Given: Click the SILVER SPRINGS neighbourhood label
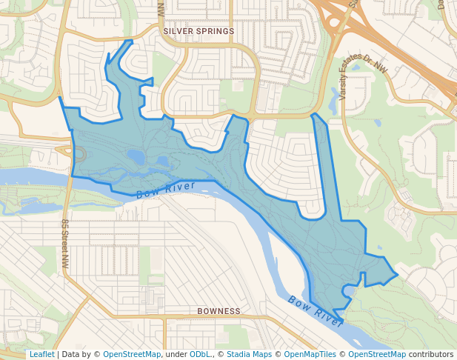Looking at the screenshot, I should pyautogui.click(x=198, y=31).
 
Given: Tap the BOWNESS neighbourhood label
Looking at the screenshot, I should pyautogui.click(x=219, y=311).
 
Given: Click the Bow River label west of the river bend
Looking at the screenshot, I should pyautogui.click(x=165, y=190).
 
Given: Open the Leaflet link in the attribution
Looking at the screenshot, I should pyautogui.click(x=41, y=355).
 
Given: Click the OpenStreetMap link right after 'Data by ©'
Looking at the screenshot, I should pyautogui.click(x=132, y=355).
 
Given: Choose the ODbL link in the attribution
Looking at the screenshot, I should pyautogui.click(x=201, y=355).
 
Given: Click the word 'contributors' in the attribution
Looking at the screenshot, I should pyautogui.click(x=431, y=355).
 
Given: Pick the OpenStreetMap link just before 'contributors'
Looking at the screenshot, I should pyautogui.click(x=377, y=355).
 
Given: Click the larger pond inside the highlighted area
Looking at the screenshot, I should pyautogui.click(x=136, y=156).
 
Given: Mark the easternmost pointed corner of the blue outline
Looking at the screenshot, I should pyautogui.click(x=398, y=275).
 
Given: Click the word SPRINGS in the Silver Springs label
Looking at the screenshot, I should pyautogui.click(x=214, y=31).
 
